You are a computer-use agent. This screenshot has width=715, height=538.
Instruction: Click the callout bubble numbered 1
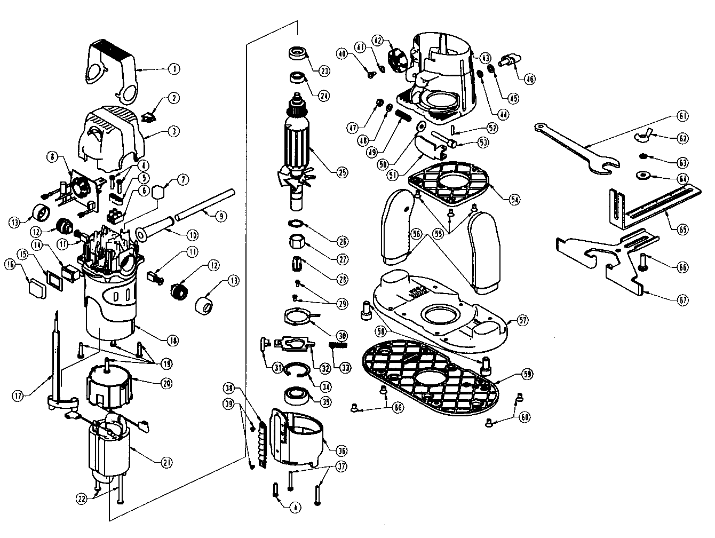pyautogui.click(x=174, y=69)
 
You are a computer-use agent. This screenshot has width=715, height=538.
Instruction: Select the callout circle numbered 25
pyautogui.click(x=341, y=172)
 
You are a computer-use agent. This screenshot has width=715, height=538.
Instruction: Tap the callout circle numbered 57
pyautogui.click(x=523, y=320)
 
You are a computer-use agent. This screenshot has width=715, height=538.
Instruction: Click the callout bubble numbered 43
pyautogui.click(x=485, y=58)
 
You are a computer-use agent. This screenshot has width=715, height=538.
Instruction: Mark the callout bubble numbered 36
pyautogui.click(x=341, y=447)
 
